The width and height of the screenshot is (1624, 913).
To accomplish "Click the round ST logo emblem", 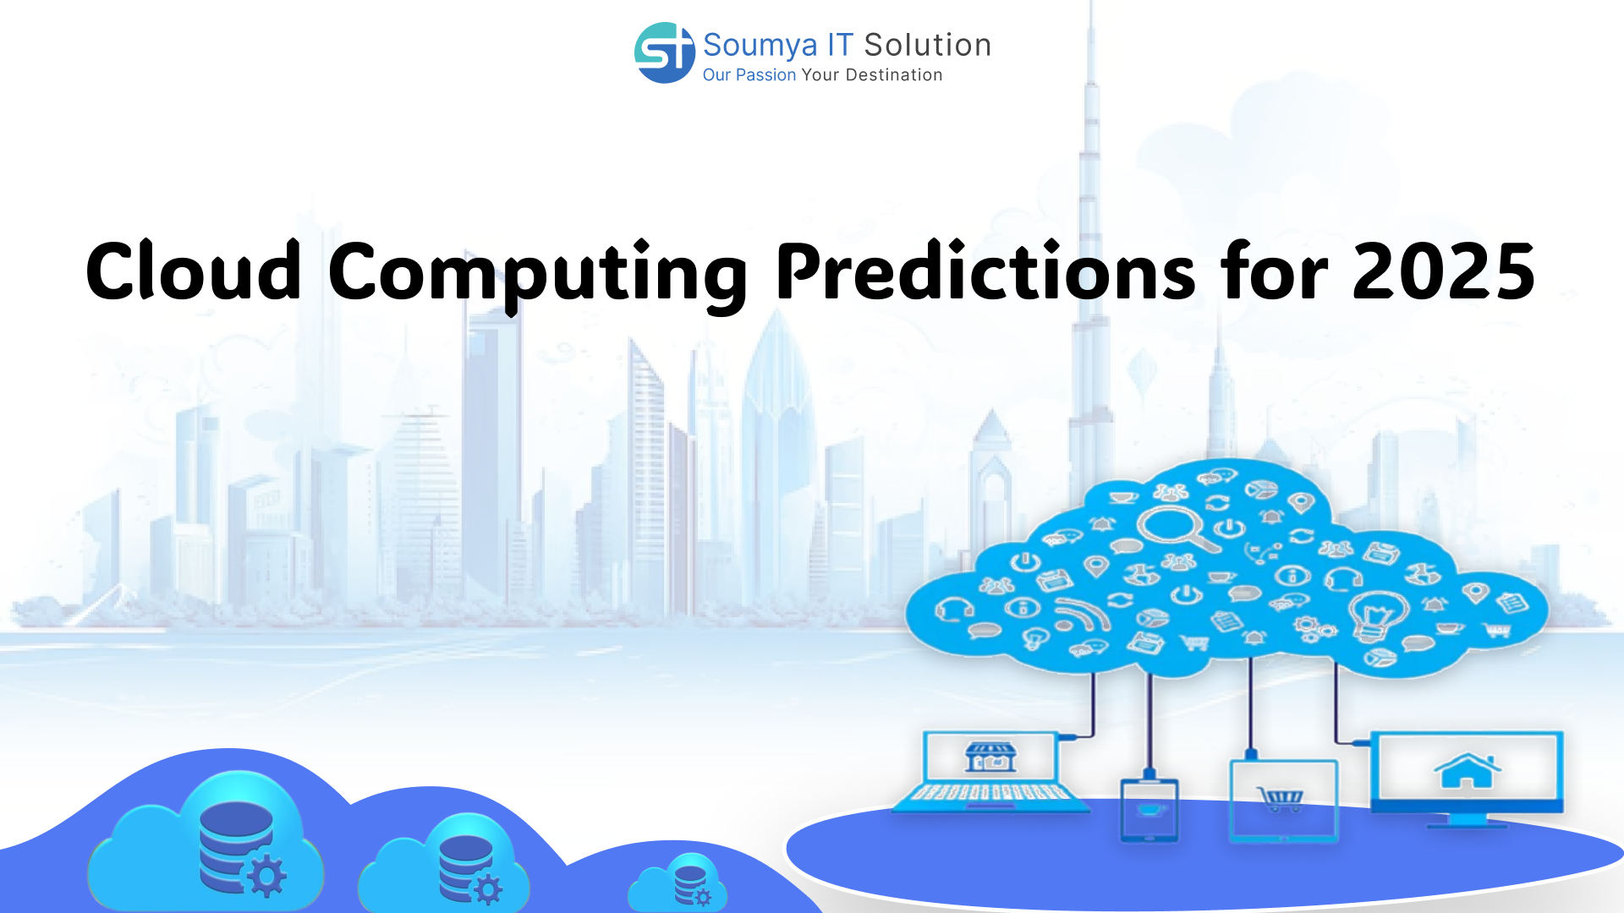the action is click(665, 52).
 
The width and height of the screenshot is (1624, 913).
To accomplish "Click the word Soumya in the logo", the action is click(760, 46).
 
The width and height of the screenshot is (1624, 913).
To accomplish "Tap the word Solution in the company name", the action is click(927, 45).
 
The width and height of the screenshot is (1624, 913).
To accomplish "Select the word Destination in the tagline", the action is click(894, 74).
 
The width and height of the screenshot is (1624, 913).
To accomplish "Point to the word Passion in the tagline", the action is click(765, 74).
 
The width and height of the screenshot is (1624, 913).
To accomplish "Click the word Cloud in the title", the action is click(194, 271).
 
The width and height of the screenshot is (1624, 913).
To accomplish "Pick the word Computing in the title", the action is click(538, 275).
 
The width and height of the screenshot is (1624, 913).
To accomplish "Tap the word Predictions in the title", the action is click(986, 271).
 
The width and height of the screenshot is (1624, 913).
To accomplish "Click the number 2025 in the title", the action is click(1444, 271).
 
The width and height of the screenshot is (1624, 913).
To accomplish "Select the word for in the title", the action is click(1274, 271).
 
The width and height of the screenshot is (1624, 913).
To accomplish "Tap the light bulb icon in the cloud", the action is click(1377, 616).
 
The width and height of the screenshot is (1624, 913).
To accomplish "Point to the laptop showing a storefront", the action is click(991, 772).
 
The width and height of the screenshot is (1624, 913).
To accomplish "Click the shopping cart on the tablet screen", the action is click(1281, 798).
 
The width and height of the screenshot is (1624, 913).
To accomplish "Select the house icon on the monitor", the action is click(1467, 770).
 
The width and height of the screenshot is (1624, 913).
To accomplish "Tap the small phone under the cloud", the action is click(1149, 809).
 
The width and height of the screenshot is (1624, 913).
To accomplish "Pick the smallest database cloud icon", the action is click(678, 883).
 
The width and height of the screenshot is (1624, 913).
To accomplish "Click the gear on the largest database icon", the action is click(266, 876).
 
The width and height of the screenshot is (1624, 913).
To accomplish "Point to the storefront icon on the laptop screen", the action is click(990, 757).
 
